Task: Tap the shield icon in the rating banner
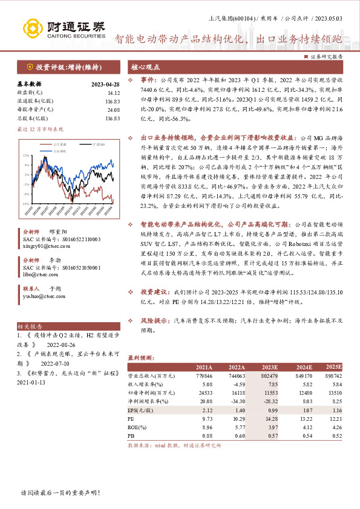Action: click(29, 67)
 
